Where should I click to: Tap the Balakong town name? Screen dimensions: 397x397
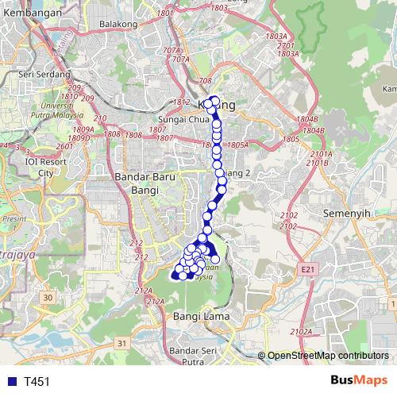(119, 24)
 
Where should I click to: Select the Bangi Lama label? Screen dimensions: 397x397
(194, 317)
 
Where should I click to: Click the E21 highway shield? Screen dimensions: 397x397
(307, 270)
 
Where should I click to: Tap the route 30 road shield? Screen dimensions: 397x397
(48, 297)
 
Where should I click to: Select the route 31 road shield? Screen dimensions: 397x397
(121, 343)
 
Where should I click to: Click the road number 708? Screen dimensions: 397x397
(206, 81)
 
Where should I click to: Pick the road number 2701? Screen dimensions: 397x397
(287, 45)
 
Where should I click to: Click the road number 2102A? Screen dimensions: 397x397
(301, 331)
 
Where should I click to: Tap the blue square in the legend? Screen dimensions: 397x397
(9, 382)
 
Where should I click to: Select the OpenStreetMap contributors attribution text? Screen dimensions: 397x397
(327, 357)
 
